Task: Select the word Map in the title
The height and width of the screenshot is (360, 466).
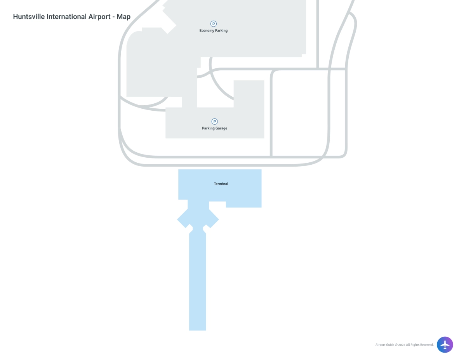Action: pos(123,17)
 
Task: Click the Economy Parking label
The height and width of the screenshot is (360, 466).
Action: pos(214,31)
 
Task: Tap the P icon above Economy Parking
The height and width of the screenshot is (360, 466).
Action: pos(214,24)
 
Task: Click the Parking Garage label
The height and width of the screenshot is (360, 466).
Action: pos(214,129)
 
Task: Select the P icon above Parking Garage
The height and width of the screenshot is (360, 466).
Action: pos(214,122)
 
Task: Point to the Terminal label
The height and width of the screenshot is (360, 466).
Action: pos(221,184)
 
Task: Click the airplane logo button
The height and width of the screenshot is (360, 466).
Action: pos(445,344)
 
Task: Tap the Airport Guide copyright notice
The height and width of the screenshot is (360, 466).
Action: pos(404,345)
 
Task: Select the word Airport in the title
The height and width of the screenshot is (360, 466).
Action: pos(99,17)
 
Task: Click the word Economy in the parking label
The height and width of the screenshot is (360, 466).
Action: pos(207,31)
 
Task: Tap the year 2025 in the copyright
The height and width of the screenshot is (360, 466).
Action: pos(402,345)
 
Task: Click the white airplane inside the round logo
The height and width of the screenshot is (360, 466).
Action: pos(445,344)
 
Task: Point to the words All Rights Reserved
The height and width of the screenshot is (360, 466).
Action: pos(420,345)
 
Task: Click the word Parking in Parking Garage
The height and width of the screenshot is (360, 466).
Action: pos(208,129)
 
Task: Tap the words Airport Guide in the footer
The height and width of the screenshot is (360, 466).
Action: pos(385,345)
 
